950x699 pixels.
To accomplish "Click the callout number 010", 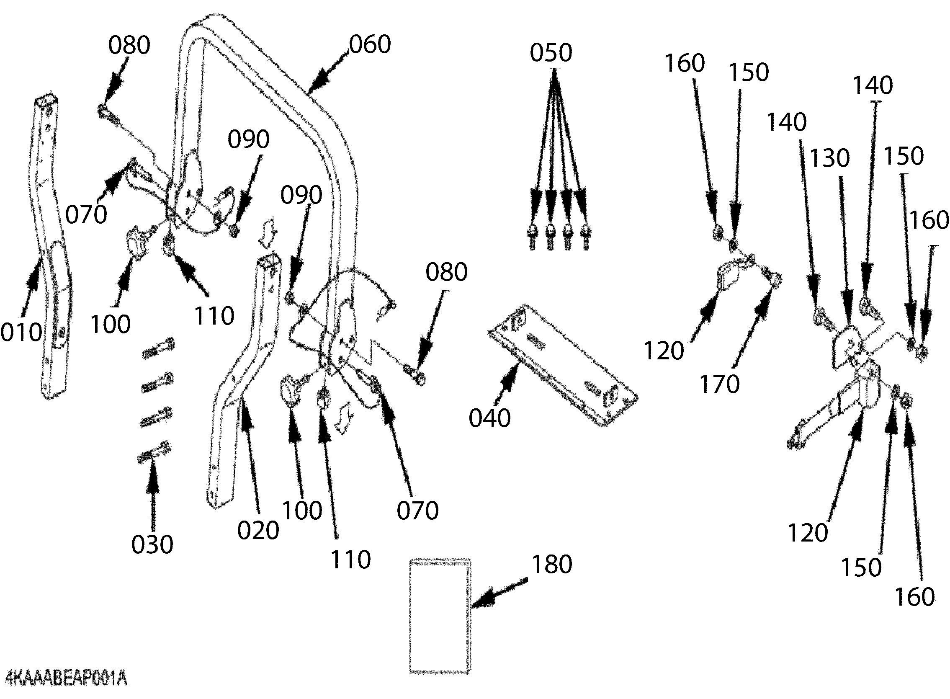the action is [21, 332].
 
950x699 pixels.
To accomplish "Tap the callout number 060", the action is [370, 44].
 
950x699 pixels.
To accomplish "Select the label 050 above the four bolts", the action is [551, 53].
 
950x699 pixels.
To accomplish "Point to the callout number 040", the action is [489, 418].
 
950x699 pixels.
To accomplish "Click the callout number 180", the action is [551, 564].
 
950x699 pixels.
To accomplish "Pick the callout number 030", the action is [152, 544].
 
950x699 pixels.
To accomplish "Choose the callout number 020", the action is [258, 530].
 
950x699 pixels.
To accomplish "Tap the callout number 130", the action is [829, 158].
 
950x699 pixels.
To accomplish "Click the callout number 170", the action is [719, 384].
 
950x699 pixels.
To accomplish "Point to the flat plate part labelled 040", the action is [563, 364].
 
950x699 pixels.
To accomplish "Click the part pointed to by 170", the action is [772, 279].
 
